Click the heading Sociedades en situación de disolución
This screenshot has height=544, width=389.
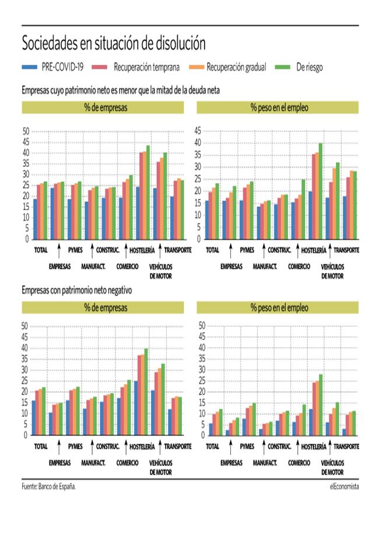(114, 43)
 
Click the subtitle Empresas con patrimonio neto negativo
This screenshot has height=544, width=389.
(77, 290)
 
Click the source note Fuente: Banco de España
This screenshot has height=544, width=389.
(49, 486)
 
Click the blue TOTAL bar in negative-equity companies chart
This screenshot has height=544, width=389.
(34, 417)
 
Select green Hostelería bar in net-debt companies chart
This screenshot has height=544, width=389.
(148, 192)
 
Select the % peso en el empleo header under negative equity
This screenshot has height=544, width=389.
(279, 308)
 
